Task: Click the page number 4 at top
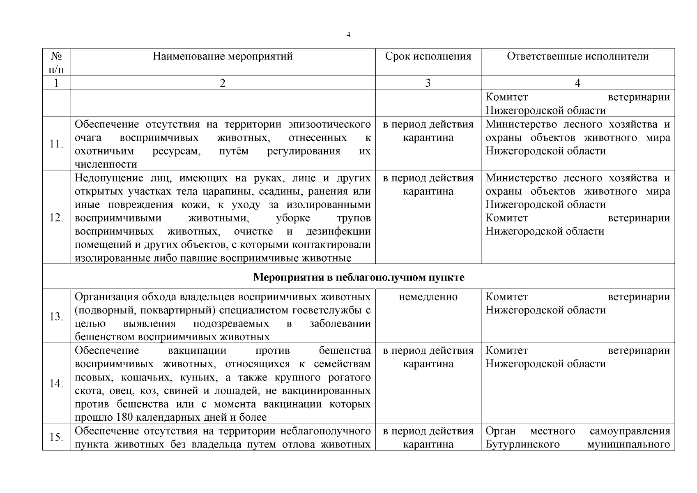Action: point(348,35)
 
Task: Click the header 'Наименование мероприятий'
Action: point(223,56)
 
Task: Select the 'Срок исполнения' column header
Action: point(428,56)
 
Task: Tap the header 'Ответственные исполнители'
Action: point(577,56)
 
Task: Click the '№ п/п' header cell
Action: point(56,62)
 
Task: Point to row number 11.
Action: point(56,144)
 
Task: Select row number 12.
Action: point(56,218)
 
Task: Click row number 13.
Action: point(56,317)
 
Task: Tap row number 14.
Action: point(56,384)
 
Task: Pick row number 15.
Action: point(56,437)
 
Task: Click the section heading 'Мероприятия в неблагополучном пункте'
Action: point(359,277)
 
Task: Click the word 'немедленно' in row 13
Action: point(428,297)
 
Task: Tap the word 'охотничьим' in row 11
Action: point(104,151)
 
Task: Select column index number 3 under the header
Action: point(428,83)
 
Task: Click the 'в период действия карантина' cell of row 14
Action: point(428,357)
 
